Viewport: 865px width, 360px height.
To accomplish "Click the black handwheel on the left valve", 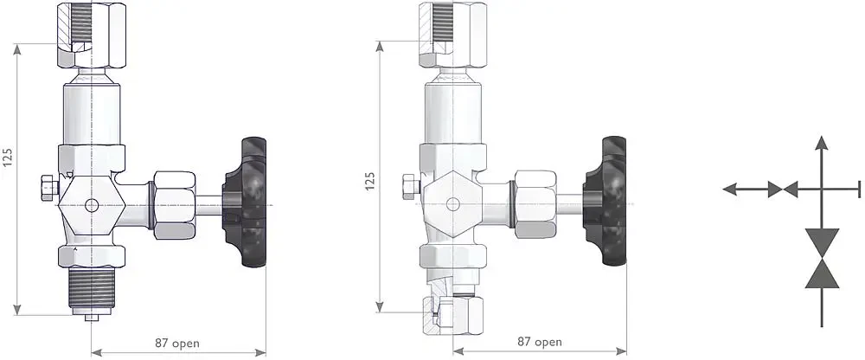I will pos(247,204).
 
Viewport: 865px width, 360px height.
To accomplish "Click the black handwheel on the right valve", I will pos(606,203).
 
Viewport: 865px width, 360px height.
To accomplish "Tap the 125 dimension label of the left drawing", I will pos(9,157).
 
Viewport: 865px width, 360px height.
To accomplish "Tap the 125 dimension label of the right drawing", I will pos(370,180).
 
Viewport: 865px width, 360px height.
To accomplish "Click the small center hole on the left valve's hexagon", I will pos(92,206).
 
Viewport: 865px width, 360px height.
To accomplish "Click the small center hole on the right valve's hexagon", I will pos(452,204).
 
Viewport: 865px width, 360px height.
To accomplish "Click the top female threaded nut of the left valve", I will pos(91,35).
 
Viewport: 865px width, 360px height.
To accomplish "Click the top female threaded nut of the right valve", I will pos(451,34).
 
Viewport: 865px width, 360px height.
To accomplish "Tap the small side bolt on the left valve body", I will pos(47,186).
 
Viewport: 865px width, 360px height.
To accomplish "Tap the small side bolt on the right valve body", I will pos(409,185).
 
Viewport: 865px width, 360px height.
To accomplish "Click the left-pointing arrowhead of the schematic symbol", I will pos(730,189).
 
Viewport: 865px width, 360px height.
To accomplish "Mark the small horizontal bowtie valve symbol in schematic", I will pos(782,189).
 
